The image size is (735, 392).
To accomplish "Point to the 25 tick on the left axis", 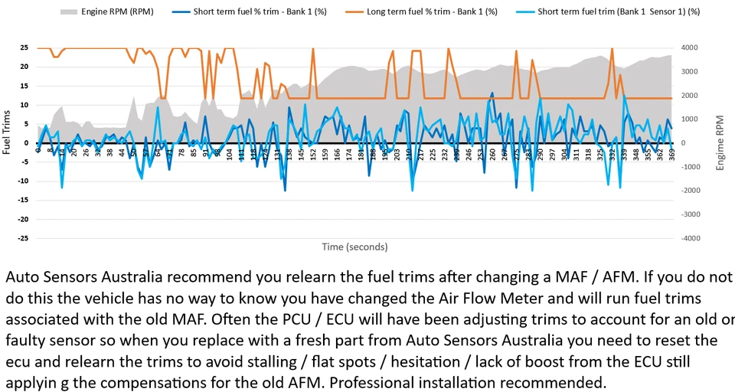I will [24, 47].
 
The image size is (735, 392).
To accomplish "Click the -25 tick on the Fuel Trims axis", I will [23, 238].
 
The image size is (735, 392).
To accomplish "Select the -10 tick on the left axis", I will [23, 181].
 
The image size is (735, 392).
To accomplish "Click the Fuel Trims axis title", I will [7, 135].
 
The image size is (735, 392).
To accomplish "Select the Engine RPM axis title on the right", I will [720, 143].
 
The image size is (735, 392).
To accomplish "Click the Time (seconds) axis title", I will [354, 247].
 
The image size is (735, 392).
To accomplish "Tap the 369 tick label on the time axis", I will [671, 155].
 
